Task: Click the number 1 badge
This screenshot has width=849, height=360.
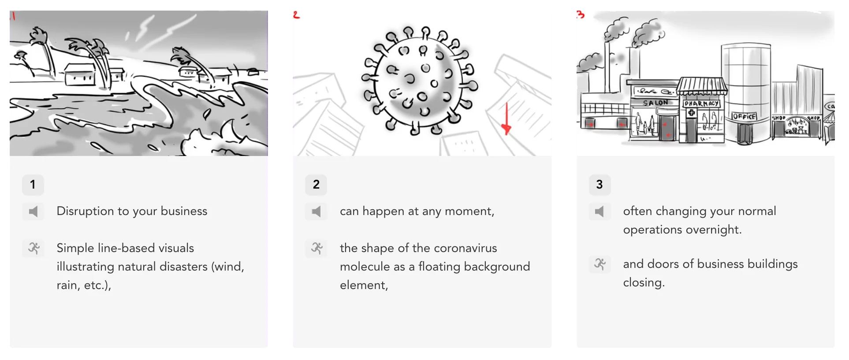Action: pyautogui.click(x=33, y=185)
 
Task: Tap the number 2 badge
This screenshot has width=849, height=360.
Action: pyautogui.click(x=316, y=185)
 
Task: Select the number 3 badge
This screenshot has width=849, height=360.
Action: pyautogui.click(x=600, y=185)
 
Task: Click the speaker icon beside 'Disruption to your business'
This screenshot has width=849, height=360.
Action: pyautogui.click(x=33, y=212)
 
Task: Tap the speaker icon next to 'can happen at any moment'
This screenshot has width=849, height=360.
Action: pyautogui.click(x=316, y=212)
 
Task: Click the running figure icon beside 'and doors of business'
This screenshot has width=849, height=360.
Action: pyautogui.click(x=600, y=264)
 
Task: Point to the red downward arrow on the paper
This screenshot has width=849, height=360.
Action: pyautogui.click(x=506, y=119)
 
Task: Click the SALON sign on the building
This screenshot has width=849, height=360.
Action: pyautogui.click(x=655, y=103)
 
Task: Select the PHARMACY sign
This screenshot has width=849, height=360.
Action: pyautogui.click(x=701, y=104)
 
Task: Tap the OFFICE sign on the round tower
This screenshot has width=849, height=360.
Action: pyautogui.click(x=744, y=116)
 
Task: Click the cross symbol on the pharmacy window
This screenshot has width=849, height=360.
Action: pyautogui.click(x=691, y=113)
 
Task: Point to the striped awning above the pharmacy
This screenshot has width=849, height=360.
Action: pyautogui.click(x=702, y=85)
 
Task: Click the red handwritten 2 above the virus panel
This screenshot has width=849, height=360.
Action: pyautogui.click(x=296, y=15)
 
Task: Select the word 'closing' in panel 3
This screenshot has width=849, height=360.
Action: pyautogui.click(x=643, y=283)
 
